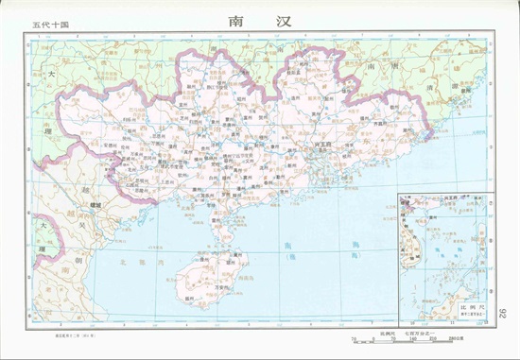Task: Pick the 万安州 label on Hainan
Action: point(224,285)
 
